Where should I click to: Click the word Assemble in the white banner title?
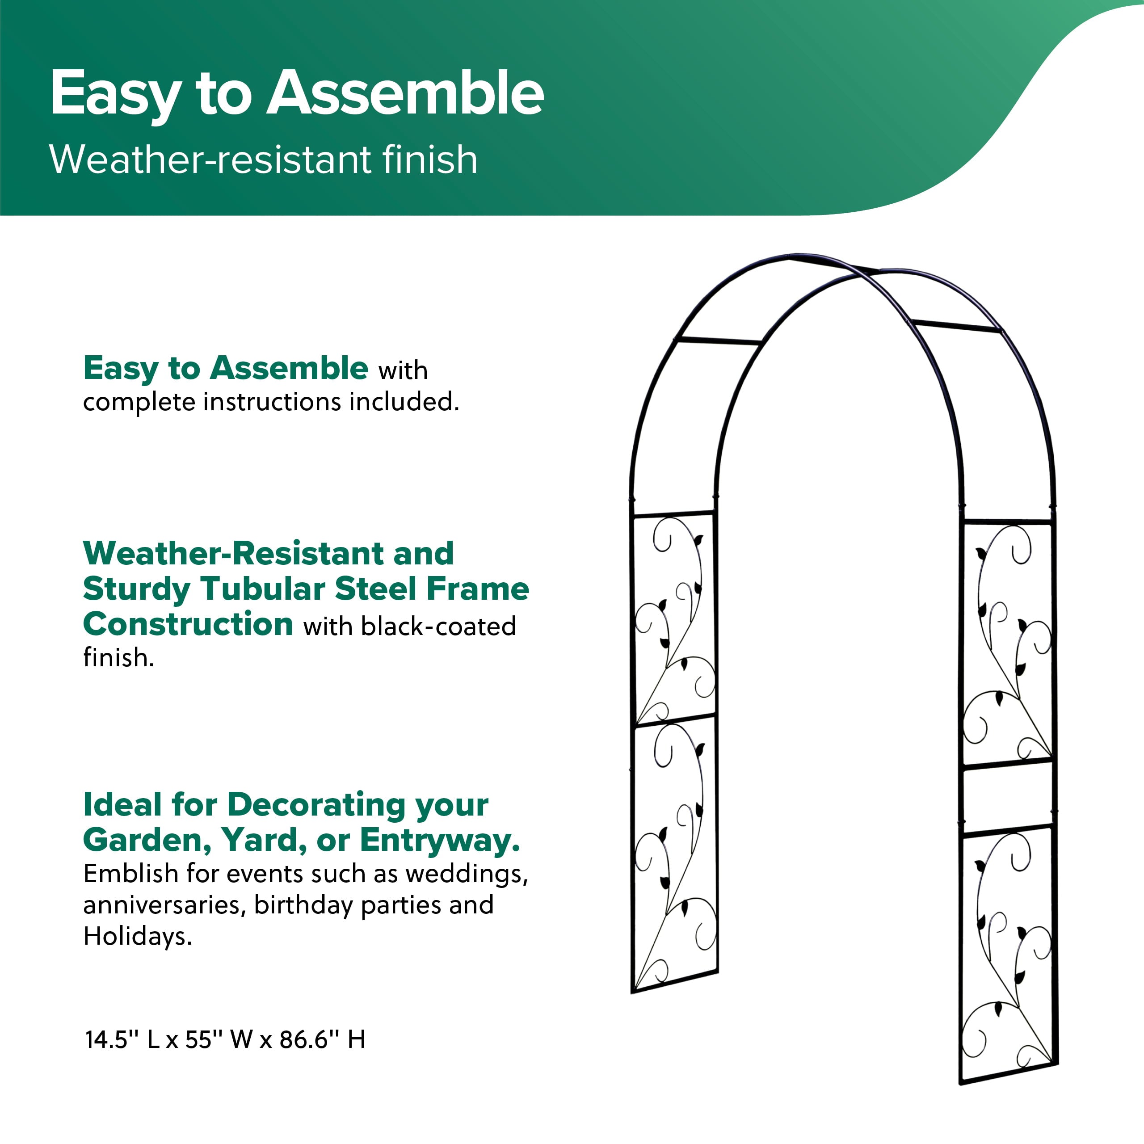405,93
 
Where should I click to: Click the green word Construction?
188,625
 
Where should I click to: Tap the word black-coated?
439,627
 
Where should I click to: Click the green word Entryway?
440,841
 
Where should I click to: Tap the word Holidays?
137,937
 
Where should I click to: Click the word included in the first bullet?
404,402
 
